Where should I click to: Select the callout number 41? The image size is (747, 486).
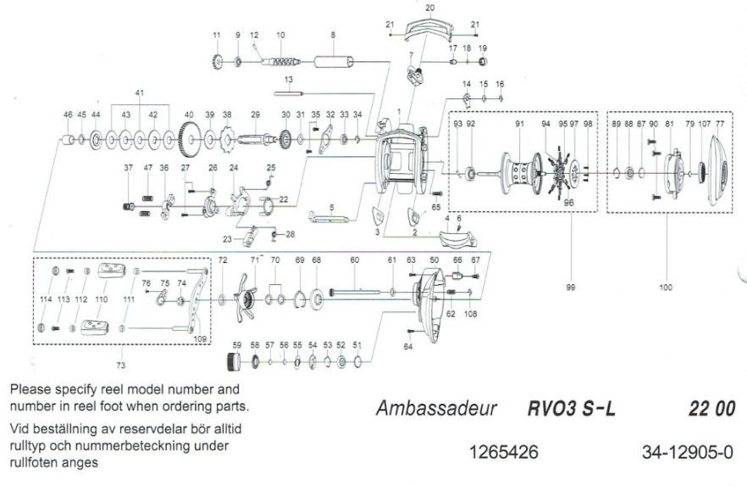click(140, 92)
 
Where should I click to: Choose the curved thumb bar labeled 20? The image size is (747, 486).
click(429, 31)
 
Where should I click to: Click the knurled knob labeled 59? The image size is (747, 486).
click(235, 363)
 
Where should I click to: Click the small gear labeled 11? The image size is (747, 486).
click(217, 62)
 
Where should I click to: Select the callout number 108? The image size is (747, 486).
click(471, 313)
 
